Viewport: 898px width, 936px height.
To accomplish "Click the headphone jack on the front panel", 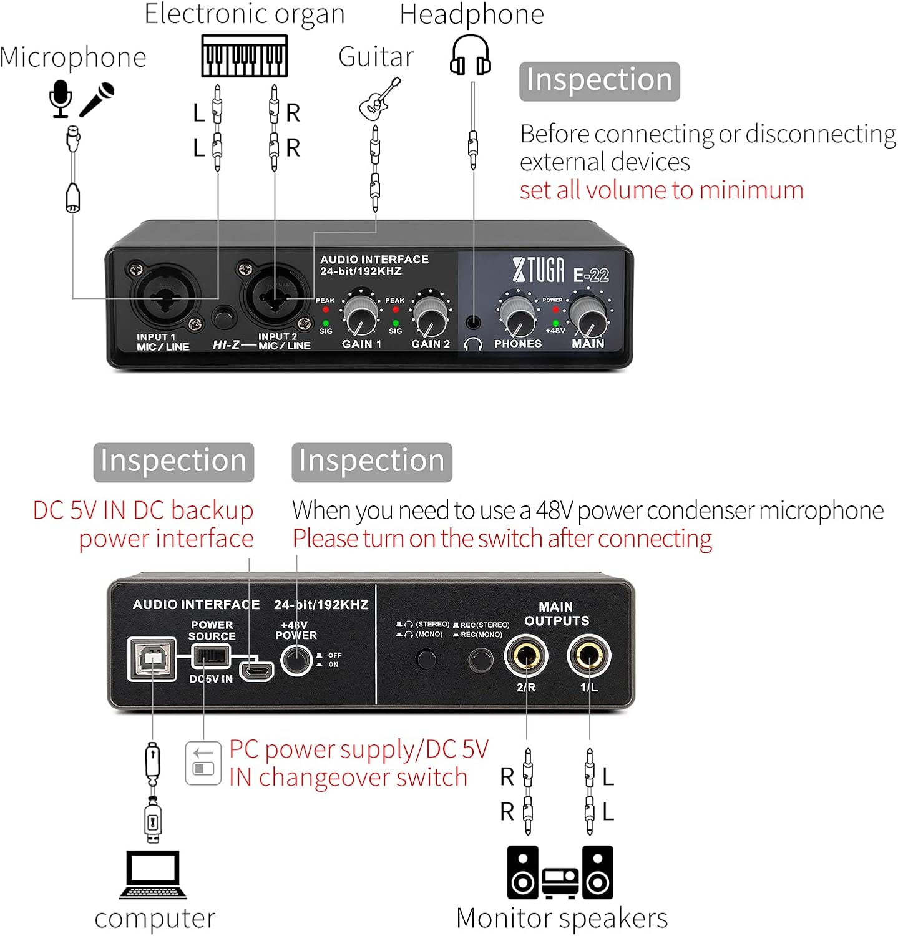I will pos(474,323).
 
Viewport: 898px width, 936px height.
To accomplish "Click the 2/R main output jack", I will pos(526,656).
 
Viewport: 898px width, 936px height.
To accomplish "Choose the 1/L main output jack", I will pos(588,656).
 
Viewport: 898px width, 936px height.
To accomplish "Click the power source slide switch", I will pos(210,656).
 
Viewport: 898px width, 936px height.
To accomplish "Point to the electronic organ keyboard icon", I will pos(244,56).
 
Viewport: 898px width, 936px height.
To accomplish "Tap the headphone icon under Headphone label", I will pos(471,55).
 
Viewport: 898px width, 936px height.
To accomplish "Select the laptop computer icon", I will pos(153,874).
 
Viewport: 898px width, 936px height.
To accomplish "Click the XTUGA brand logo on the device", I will pos(539,270).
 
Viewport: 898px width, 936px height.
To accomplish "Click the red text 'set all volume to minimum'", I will pos(661,190).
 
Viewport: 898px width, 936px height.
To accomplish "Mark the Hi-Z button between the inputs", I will pos(222,317).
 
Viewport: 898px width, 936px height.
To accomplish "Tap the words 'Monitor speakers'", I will pos(562,918).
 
